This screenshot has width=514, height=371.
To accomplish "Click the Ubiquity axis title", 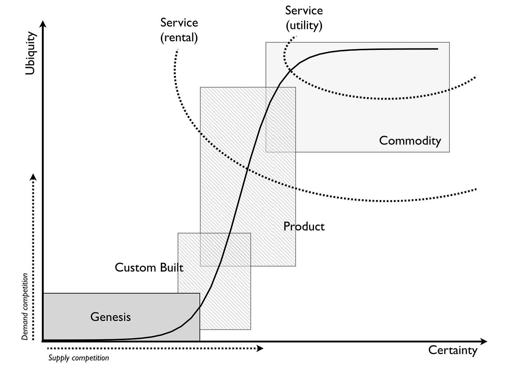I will [x=31, y=54].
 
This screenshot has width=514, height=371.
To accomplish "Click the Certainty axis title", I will [x=453, y=350].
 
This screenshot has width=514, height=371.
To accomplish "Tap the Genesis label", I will [x=111, y=317].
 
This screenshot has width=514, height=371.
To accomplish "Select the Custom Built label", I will [x=149, y=268].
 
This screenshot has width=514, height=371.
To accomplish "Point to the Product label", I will [x=304, y=226].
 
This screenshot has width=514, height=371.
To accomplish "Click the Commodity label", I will [x=410, y=141].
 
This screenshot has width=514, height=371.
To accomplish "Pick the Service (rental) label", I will [x=179, y=30].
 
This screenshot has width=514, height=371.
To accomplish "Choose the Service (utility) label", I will [x=304, y=18].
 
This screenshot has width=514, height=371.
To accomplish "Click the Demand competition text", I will [x=25, y=307].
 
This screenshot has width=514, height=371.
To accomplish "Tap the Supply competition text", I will [x=79, y=358].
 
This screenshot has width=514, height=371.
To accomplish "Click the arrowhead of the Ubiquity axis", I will [x=43, y=24].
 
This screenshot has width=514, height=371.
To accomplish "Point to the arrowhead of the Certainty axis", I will [x=484, y=342].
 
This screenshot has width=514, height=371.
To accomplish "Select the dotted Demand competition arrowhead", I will [x=33, y=177].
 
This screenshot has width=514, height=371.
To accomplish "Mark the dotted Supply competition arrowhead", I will [x=260, y=348].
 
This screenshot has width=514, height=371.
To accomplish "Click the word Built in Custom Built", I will [x=171, y=268].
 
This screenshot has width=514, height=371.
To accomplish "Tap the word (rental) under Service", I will [x=179, y=37].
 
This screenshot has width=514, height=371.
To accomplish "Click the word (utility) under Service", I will [x=304, y=25].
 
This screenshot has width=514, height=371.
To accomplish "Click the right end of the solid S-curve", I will [x=438, y=49].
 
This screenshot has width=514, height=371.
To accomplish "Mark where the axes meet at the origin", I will [x=43, y=341].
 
